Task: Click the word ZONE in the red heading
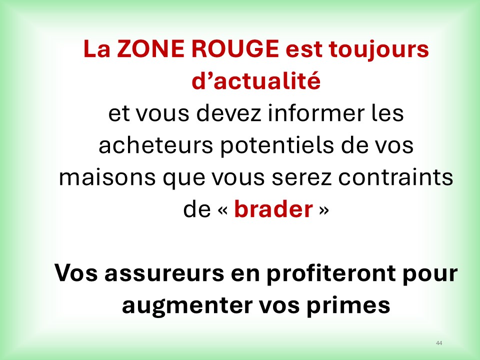tap(151, 48)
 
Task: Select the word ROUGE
tap(235, 48)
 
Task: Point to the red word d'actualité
tap(256, 80)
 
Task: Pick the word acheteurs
tap(155, 145)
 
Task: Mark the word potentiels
tap(277, 146)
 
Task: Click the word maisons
tap(107, 177)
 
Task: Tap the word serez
tap(301, 178)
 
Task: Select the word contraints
tap(395, 177)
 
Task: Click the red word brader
tap(273, 209)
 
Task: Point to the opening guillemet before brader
tap(222, 210)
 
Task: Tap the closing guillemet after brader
tap(324, 210)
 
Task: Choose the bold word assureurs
tap(164, 273)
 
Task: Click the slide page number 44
tap(439, 343)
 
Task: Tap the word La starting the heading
tap(96, 49)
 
